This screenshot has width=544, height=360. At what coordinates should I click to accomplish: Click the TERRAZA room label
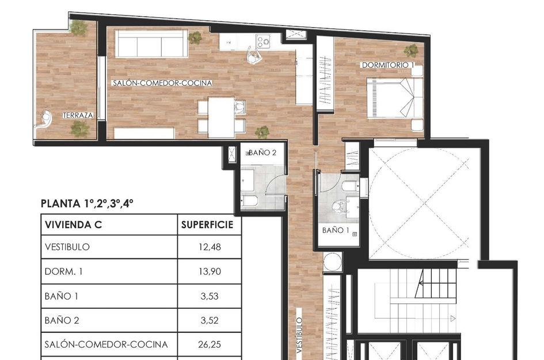coord(78,115)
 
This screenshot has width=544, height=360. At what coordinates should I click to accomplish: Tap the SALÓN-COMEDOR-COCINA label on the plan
coord(162,84)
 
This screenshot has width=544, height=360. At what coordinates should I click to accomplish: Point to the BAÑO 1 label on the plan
coord(336,230)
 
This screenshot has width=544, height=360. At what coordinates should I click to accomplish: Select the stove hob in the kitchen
coord(264,41)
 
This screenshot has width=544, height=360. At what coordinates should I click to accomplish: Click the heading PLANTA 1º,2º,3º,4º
coord(88,203)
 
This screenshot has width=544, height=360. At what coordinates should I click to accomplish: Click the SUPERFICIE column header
coord(207,225)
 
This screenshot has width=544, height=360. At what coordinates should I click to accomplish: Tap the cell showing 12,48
coord(208,248)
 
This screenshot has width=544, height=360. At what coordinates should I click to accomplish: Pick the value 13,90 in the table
coord(208,272)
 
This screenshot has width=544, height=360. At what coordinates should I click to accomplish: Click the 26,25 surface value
coord(208,344)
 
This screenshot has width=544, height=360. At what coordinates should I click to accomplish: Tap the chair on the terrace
coord(44,119)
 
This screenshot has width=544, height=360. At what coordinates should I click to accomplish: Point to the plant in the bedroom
coord(411,50)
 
